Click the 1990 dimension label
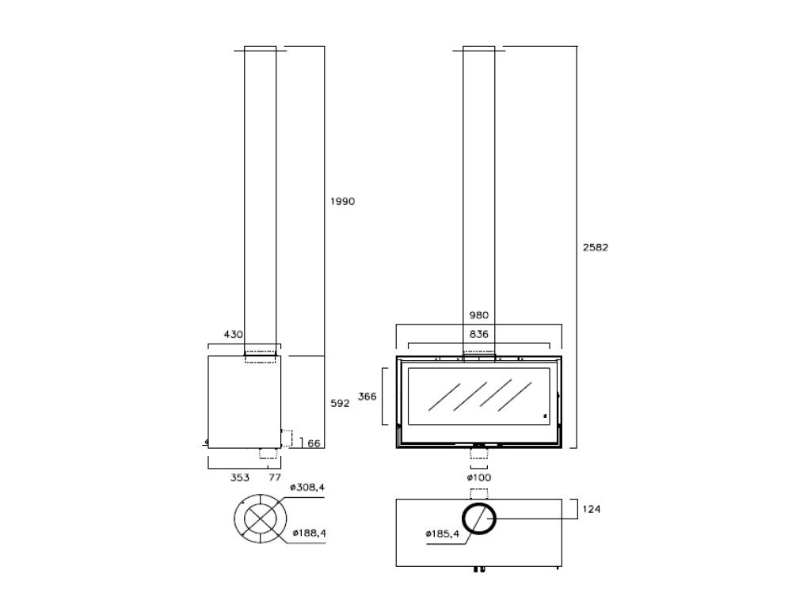[342, 201]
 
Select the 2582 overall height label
[596, 247]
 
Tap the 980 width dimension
[478, 314]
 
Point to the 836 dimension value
[478, 335]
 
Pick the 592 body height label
[339, 403]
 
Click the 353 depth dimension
[240, 477]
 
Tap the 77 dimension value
[275, 477]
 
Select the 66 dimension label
[314, 443]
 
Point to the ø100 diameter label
[478, 477]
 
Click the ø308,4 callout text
[308, 487]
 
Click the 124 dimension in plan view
[590, 509]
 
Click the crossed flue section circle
[258, 519]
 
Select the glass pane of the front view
[478, 401]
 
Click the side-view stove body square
[244, 401]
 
